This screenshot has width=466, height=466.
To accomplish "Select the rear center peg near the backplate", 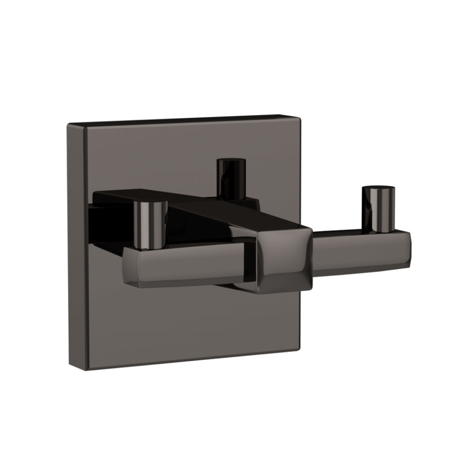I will tap(231, 179).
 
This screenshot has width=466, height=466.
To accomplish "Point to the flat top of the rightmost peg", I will tap(379, 189).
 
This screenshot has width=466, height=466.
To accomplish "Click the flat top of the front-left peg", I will tap(150, 203).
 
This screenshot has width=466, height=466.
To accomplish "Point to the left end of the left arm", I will tap(127, 268).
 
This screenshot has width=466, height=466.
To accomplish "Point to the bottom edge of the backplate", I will tap(189, 360).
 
